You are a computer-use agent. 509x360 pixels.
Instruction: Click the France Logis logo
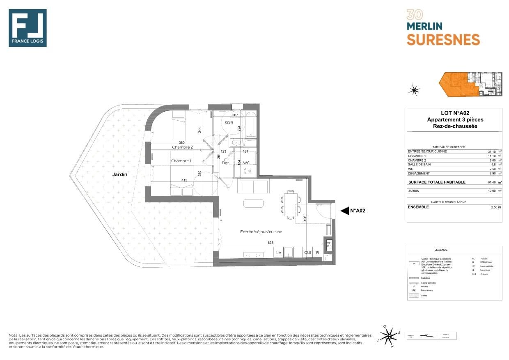tap(28, 28)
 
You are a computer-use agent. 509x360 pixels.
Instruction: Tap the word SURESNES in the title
tap(443, 39)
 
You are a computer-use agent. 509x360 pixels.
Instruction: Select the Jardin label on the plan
tap(120, 174)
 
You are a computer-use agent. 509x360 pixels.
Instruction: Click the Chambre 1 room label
tap(181, 161)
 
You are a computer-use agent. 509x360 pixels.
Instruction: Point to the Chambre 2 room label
tap(182, 147)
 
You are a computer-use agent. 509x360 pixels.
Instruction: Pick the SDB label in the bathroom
tap(229, 123)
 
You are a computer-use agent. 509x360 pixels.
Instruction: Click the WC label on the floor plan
tap(246, 163)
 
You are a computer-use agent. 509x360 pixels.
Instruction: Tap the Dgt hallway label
tap(225, 163)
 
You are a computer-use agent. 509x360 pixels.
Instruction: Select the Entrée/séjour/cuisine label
tap(261, 232)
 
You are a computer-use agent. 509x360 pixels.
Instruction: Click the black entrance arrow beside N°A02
tap(344, 211)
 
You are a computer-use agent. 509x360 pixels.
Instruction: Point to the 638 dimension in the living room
tap(271, 243)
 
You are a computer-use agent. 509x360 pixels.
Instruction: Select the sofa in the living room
tap(253, 186)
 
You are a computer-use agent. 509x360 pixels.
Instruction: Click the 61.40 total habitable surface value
tap(491, 182)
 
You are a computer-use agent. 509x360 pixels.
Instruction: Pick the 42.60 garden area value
tap(491, 191)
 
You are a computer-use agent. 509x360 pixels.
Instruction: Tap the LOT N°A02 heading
tap(454, 113)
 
